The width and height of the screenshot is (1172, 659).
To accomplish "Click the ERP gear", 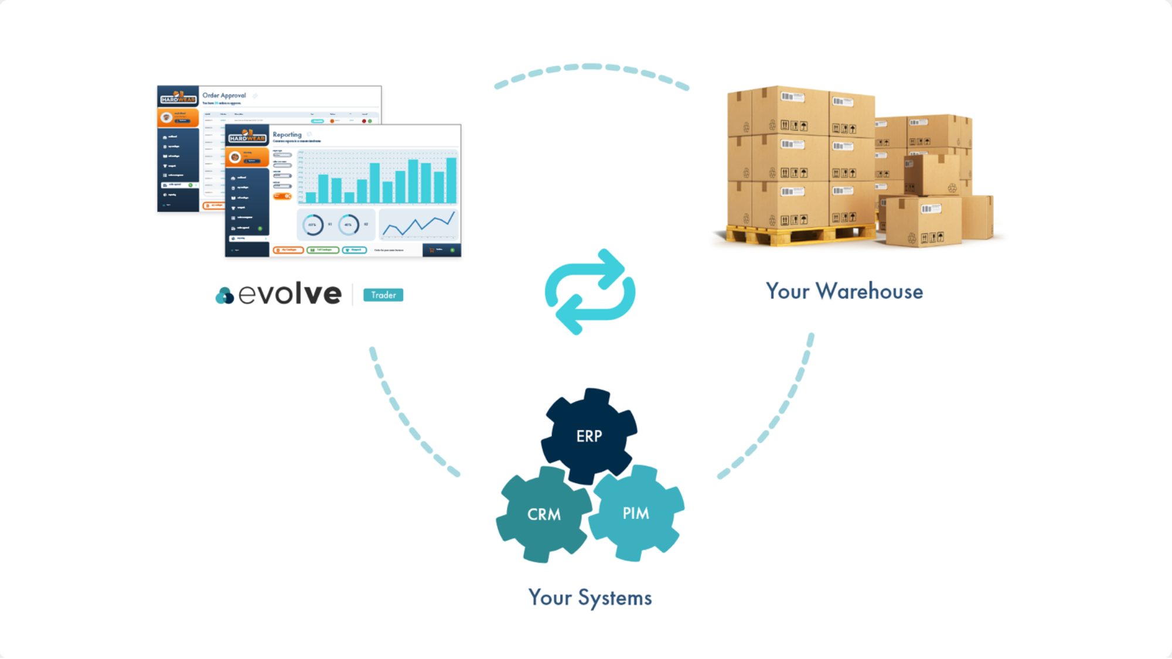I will (589, 436).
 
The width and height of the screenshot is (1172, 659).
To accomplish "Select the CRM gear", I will (543, 514).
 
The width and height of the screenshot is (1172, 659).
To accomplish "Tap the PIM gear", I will (636, 513).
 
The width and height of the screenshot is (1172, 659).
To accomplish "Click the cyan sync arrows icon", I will (590, 291).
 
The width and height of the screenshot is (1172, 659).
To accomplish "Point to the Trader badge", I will (383, 295).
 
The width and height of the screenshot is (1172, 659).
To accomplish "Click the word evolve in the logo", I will (290, 293).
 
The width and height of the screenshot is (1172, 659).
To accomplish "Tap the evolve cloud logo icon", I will (224, 296).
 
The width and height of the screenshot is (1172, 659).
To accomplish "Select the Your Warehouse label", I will (844, 291).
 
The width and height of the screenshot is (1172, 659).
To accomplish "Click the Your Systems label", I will (590, 597).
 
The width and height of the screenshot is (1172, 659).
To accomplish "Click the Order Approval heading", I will (224, 95).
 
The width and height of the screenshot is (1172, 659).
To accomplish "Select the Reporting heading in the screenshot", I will (287, 135).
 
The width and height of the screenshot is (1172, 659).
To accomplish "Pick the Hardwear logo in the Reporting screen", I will (247, 136).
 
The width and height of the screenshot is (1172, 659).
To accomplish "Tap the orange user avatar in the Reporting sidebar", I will (235, 157).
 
